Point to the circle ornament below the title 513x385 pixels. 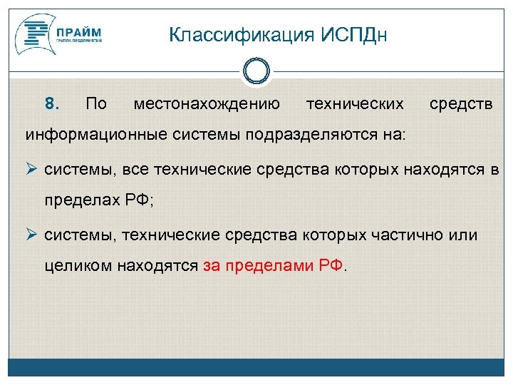pos(256,71)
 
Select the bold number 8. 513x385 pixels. pos(52,104)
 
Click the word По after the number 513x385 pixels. pos(95,104)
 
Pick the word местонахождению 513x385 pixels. pos(207,104)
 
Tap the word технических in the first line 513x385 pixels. pos(354,104)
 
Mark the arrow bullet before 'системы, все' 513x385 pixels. pos(32,170)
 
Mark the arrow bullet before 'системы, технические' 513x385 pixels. pos(32,235)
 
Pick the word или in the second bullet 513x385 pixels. pos(465,235)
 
